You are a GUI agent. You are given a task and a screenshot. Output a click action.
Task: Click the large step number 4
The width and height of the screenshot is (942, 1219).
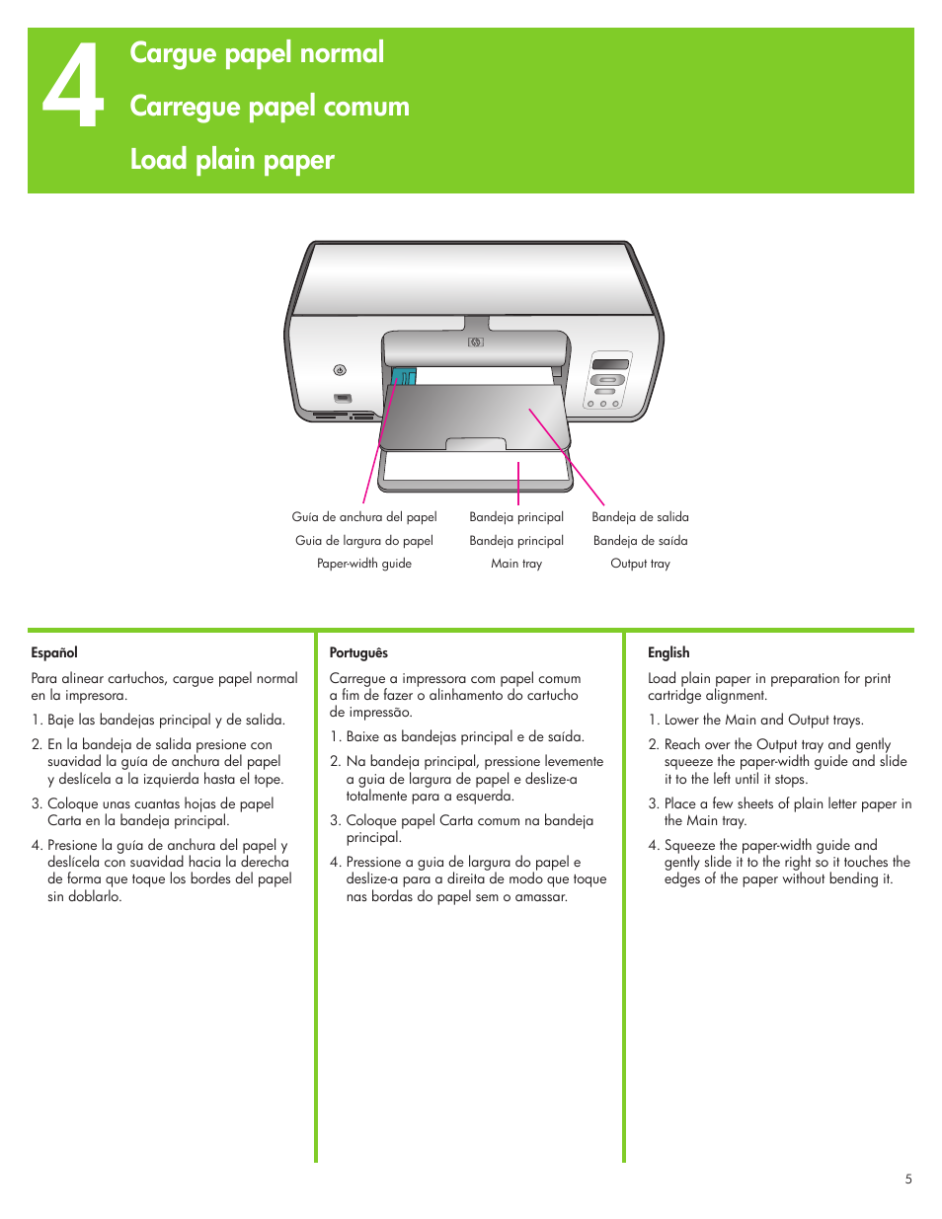tap(73, 87)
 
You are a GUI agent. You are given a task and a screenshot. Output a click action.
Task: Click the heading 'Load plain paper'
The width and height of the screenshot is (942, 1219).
tap(232, 159)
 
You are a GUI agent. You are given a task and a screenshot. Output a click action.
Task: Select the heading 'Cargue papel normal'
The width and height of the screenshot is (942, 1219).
tap(257, 53)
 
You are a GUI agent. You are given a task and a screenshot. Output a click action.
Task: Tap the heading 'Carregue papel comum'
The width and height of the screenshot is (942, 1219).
tap(269, 107)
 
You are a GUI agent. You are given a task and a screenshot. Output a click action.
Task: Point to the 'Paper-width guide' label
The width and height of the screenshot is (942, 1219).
tap(364, 564)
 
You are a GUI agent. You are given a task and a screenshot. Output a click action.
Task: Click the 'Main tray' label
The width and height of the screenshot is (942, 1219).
tap(516, 564)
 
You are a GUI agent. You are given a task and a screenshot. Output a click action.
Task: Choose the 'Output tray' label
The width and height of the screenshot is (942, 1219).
tap(640, 564)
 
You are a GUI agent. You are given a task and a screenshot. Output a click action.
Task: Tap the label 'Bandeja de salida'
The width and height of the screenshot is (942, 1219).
tap(640, 517)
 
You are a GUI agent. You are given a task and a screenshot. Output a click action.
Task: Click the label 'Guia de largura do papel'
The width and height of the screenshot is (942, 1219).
tap(364, 541)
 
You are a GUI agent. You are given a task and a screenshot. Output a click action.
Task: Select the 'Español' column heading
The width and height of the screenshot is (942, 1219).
tap(54, 652)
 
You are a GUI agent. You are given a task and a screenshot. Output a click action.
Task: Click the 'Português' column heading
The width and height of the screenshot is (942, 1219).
tap(358, 652)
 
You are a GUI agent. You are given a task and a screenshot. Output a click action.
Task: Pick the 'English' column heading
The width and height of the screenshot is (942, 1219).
tap(668, 652)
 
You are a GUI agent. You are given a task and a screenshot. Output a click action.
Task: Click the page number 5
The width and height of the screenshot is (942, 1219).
tap(908, 1179)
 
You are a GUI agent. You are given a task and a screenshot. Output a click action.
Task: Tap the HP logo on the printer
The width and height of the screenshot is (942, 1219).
tap(476, 343)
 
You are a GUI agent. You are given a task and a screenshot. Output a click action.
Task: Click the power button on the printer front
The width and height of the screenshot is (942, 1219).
tap(340, 370)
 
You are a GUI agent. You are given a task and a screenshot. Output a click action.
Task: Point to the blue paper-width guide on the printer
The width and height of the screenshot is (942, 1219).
tap(404, 377)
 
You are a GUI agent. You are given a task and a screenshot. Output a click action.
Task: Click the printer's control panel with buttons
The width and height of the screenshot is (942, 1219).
tap(608, 380)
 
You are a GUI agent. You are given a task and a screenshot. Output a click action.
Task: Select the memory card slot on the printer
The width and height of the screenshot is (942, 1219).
tap(343, 398)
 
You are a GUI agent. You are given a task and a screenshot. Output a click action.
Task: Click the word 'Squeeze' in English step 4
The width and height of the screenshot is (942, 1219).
tap(689, 845)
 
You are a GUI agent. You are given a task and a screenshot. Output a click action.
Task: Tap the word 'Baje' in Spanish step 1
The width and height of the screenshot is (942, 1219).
tap(60, 720)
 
